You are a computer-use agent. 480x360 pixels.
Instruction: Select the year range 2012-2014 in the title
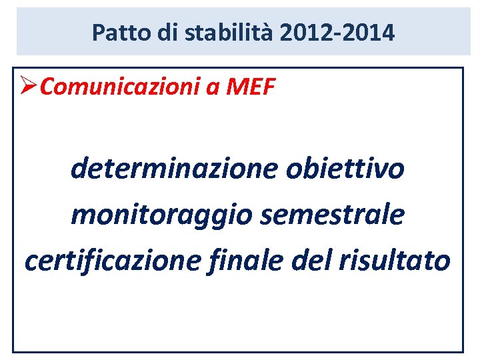tap(337, 32)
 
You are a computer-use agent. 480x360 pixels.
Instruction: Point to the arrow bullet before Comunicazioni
tap(29, 87)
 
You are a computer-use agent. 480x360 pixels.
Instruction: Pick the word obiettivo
tap(345, 169)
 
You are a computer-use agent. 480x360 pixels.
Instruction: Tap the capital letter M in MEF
tap(233, 87)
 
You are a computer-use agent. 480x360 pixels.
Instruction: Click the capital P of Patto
tap(98, 32)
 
